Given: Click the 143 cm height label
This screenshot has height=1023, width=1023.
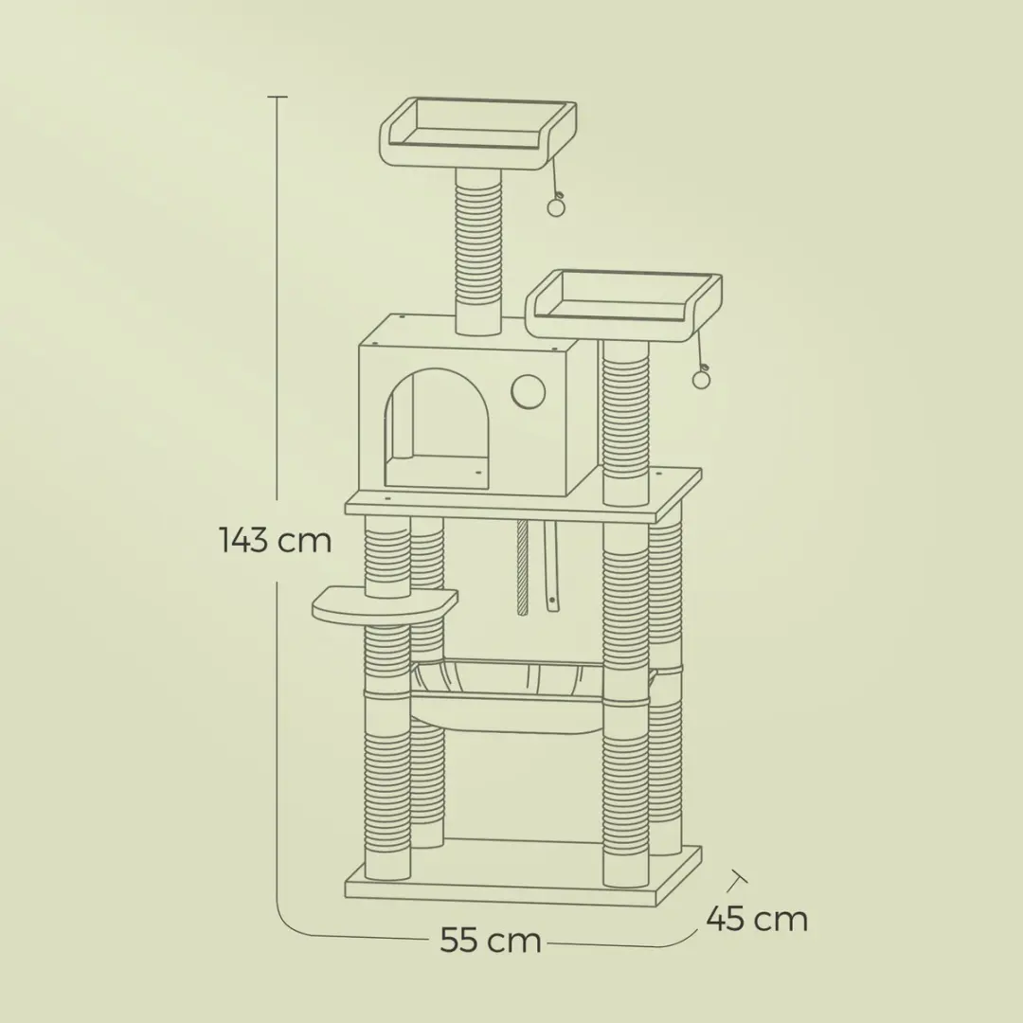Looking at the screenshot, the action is (x=276, y=541).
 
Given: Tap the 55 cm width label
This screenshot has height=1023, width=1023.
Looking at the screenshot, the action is (x=491, y=941).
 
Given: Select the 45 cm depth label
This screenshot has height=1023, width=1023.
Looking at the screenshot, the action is (x=757, y=919).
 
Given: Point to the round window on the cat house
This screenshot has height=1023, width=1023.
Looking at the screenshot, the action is (x=528, y=390).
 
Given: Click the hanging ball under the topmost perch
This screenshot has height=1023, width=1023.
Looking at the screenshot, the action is (x=556, y=206).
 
